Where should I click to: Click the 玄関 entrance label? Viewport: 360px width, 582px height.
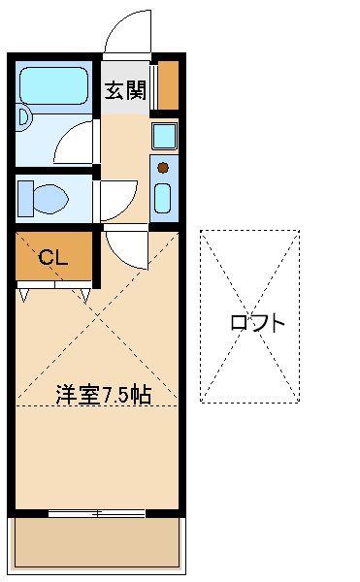pos(125,90)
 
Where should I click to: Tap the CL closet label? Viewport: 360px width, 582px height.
pos(53,256)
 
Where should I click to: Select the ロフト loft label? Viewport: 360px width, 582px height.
pos(257,323)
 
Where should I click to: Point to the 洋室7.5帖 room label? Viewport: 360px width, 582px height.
pos(104,395)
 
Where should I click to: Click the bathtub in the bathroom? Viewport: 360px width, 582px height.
pos(53,85)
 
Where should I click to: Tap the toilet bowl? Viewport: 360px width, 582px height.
pos(50,199)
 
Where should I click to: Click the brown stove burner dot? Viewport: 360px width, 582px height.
pos(163,168)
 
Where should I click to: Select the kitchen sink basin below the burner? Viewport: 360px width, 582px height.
pos(163,198)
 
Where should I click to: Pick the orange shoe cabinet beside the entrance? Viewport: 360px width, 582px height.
pos(169,85)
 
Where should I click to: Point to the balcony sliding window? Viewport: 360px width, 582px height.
pos(96,514)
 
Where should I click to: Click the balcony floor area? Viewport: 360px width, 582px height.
pos(96,542)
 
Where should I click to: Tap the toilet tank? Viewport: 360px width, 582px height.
pos(25,199)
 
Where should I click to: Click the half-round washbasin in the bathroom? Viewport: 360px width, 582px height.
pos(24,117)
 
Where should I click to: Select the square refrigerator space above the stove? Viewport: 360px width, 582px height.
pos(164,136)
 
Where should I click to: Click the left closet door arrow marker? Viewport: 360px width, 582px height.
pos(24,295)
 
